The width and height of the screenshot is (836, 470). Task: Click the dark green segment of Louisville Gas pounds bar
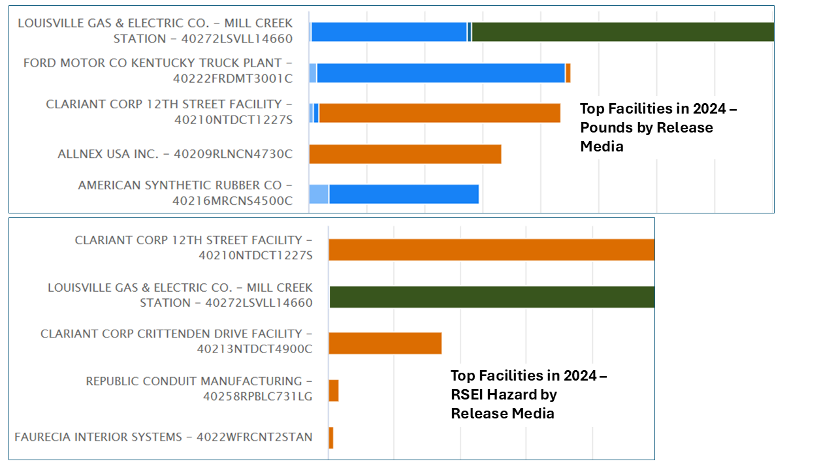pyautogui.click(x=622, y=32)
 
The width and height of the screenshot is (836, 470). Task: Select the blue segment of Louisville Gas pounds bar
pyautogui.click(x=389, y=32)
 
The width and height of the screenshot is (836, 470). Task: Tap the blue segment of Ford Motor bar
pyautogui.click(x=441, y=73)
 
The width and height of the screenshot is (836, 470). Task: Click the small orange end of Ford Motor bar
pyautogui.click(x=568, y=73)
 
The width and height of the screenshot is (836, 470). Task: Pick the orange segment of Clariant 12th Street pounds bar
pyautogui.click(x=440, y=113)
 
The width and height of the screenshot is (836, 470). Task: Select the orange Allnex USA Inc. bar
pyautogui.click(x=405, y=154)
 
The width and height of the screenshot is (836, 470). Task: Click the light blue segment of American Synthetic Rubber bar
pyautogui.click(x=319, y=195)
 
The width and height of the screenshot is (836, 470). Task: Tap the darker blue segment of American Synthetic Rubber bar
pyautogui.click(x=404, y=195)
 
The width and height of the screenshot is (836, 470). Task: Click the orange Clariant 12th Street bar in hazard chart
pyautogui.click(x=491, y=250)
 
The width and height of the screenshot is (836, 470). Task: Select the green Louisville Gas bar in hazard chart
pyautogui.click(x=492, y=297)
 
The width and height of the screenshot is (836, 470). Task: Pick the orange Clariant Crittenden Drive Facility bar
pyautogui.click(x=385, y=343)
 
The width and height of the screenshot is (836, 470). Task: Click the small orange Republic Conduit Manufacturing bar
pyautogui.click(x=334, y=391)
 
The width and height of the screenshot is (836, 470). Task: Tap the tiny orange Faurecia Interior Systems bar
pyautogui.click(x=331, y=437)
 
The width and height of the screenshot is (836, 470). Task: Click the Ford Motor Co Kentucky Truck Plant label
pyautogui.click(x=157, y=70)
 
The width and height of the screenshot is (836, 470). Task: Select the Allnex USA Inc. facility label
pyautogui.click(x=174, y=154)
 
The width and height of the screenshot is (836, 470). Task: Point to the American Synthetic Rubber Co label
pyautogui.click(x=185, y=193)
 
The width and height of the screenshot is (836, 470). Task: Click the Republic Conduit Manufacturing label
pyautogui.click(x=199, y=388)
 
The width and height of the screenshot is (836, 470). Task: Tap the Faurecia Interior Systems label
pyautogui.click(x=163, y=437)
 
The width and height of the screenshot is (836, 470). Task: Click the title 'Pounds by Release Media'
pyautogui.click(x=658, y=127)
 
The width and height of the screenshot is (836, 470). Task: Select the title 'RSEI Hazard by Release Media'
pyautogui.click(x=528, y=394)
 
